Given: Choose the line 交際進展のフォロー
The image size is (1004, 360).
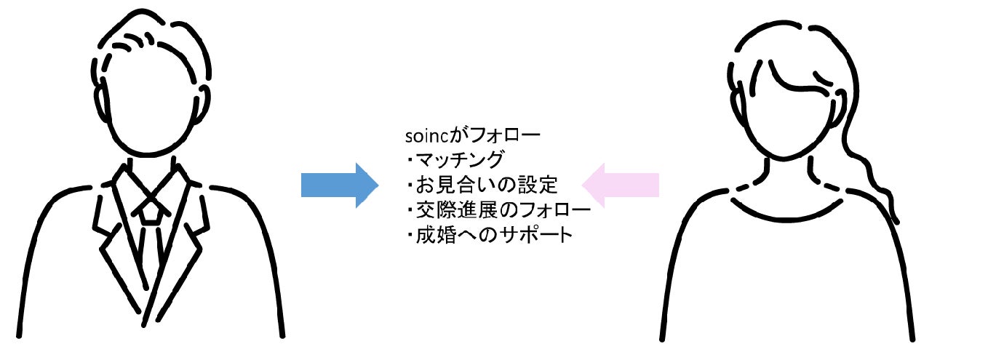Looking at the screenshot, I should pyautogui.click(x=502, y=212).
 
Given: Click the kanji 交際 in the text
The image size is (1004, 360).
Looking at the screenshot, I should pyautogui.click(x=436, y=212).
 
